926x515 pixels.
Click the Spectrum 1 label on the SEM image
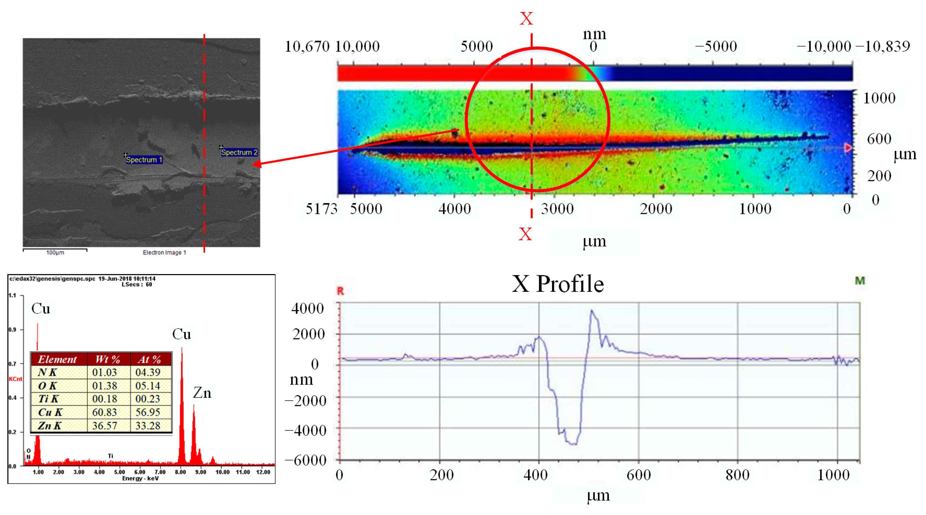[x=144, y=160]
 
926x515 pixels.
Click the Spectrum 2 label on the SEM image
[x=239, y=152]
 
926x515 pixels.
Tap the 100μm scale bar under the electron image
[x=55, y=249]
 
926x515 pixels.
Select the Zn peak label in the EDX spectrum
[x=202, y=393]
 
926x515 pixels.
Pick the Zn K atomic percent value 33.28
[x=148, y=426]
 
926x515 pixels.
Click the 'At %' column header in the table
[x=149, y=359]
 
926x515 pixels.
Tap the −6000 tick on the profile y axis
[x=306, y=460]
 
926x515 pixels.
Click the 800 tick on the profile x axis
[x=737, y=475]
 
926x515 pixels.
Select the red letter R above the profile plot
[x=340, y=291]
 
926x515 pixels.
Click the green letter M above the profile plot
[x=860, y=281]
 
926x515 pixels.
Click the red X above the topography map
[x=526, y=18]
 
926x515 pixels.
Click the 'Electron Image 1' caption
[x=164, y=253]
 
